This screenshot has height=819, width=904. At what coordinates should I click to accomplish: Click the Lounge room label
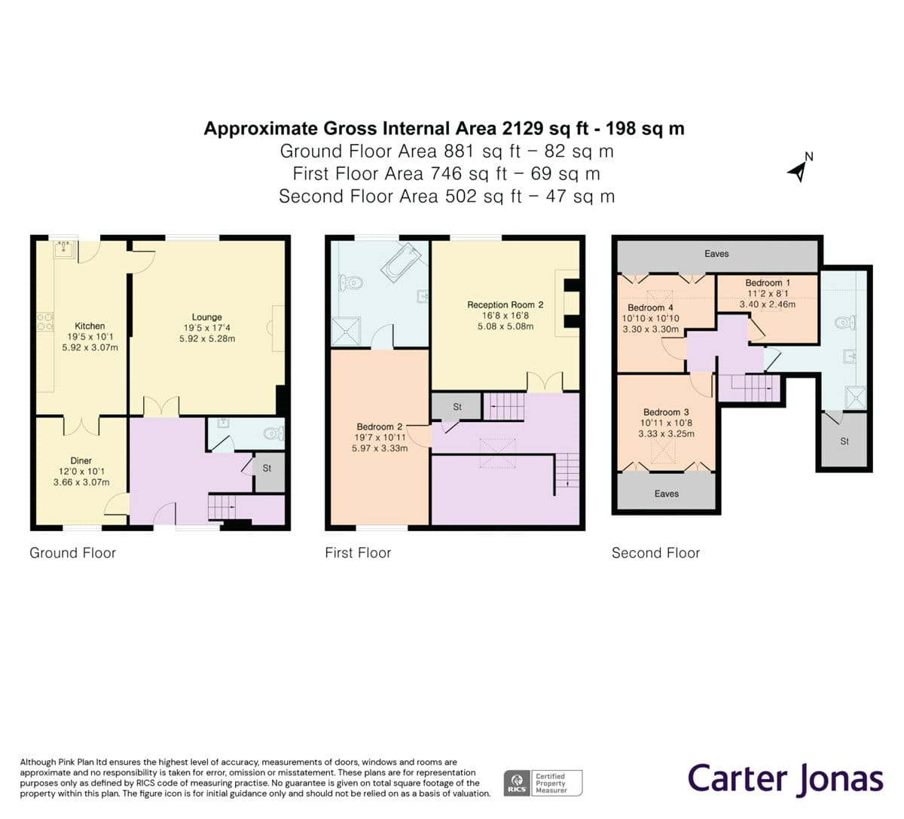pos(207,317)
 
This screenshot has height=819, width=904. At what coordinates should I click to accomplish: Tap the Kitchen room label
pos(90,326)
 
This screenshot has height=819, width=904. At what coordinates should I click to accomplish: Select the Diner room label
pos(81,460)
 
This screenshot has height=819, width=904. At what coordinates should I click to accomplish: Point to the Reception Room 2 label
pos(505,304)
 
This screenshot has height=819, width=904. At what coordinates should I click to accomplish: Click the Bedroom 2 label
pos(380,426)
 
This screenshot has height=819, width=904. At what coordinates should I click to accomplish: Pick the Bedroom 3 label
pos(666,412)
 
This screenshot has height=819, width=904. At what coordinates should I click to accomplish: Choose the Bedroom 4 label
pos(650,308)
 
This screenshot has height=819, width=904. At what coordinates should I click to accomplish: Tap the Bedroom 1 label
pos(768,283)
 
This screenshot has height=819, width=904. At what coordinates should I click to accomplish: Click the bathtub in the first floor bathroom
pos(401,260)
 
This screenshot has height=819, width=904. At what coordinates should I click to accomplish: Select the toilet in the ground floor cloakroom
pos(274,434)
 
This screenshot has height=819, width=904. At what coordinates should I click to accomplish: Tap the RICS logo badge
pos(517,783)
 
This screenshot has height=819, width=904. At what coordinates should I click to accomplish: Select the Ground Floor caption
pos(72,553)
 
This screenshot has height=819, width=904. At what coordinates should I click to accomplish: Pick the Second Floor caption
pos(655,553)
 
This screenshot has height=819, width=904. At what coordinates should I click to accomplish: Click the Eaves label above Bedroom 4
pos(716,254)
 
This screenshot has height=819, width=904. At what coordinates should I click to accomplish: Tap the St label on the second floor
pos(844,442)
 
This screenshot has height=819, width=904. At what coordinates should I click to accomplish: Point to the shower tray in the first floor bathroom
pos(346,332)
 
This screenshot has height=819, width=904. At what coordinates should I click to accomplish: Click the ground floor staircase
pos(222,506)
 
